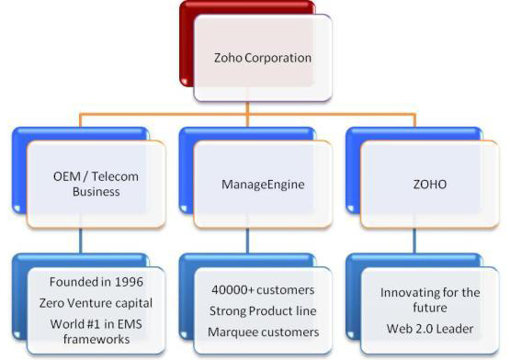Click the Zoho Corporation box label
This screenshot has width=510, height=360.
point(259,58)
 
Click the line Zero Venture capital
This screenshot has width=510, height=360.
point(89,303)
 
